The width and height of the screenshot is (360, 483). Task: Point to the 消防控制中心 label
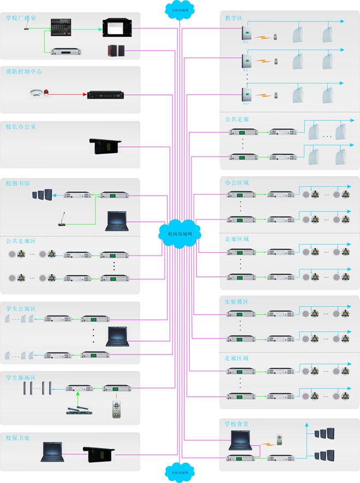pyautogui.click(x=24, y=72)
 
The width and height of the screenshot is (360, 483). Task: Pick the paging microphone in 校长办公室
pyautogui.click(x=105, y=146)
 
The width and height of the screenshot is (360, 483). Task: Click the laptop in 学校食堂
pyautogui.click(x=239, y=437)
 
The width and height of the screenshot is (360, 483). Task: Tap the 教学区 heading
pyautogui.click(x=233, y=18)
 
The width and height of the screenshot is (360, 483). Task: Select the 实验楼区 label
pyautogui.click(x=236, y=301)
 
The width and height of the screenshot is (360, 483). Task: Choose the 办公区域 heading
pyautogui.click(x=237, y=182)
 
